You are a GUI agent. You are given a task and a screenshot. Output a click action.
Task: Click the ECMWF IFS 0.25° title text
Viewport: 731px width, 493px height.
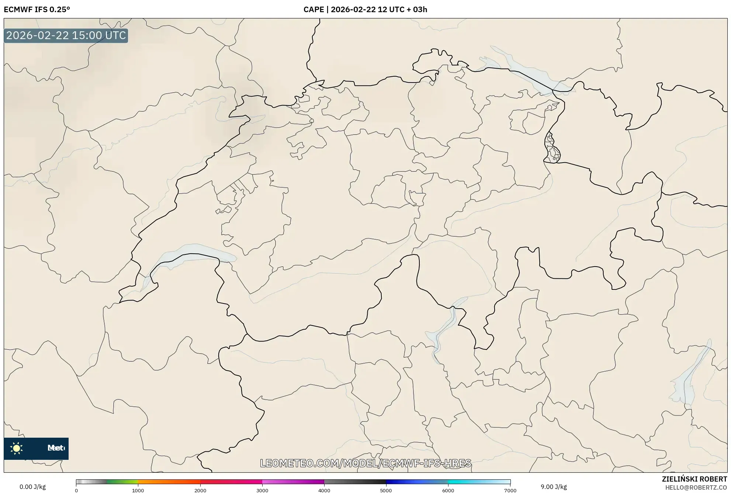click(x=37, y=10)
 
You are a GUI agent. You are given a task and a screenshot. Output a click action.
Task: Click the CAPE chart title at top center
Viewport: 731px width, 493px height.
click(x=365, y=10)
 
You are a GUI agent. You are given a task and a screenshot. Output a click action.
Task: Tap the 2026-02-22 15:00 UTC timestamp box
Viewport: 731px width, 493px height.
click(x=66, y=35)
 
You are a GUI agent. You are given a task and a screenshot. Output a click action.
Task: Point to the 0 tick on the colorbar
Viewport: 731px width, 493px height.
click(x=76, y=490)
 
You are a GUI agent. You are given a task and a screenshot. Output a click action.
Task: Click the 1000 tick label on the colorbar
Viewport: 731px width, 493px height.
click(x=138, y=490)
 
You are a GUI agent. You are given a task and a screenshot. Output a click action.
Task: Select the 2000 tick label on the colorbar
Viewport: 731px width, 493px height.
click(x=200, y=490)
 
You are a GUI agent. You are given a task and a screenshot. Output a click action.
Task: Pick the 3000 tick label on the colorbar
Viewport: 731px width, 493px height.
click(x=262, y=490)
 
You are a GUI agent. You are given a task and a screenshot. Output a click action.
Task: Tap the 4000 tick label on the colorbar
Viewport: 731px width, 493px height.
click(x=324, y=490)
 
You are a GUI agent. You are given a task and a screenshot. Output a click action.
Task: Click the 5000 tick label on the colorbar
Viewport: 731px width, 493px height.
click(x=386, y=490)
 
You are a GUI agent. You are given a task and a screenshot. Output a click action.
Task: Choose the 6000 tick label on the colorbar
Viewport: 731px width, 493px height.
click(x=448, y=490)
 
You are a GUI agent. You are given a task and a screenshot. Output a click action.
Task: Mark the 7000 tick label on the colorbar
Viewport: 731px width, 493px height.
click(x=510, y=490)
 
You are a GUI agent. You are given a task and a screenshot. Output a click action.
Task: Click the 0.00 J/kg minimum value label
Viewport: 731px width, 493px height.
click(x=32, y=487)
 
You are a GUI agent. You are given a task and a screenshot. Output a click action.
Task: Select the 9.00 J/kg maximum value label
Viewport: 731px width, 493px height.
click(x=553, y=487)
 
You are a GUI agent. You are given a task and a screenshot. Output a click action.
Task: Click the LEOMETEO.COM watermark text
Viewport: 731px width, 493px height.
click(x=365, y=463)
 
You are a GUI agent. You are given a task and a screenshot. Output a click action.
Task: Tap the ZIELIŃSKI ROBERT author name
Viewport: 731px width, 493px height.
click(x=694, y=479)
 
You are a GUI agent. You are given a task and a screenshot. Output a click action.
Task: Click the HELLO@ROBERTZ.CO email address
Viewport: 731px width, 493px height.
click(x=696, y=487)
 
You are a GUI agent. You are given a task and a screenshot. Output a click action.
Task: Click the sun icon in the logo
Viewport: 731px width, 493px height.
click(x=17, y=448)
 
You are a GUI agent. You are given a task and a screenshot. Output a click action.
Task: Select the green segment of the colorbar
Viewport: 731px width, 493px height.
click(x=122, y=482)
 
